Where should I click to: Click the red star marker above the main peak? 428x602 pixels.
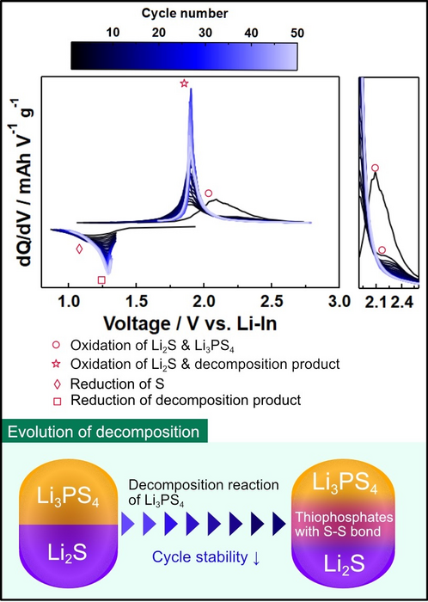click(184, 83)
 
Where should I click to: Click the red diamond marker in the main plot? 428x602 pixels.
click(80, 249)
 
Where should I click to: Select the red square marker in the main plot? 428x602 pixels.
click(101, 279)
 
